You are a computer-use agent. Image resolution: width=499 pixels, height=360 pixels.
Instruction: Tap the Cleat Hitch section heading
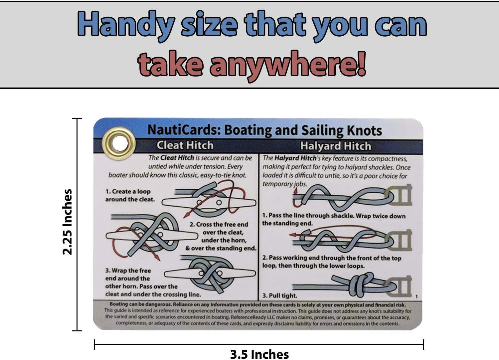[185, 145]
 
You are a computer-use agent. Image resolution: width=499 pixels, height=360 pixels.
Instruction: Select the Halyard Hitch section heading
[335, 146]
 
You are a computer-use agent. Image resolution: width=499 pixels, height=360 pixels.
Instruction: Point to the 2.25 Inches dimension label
[68, 222]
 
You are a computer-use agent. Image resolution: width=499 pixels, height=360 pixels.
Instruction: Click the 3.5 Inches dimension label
[259, 354]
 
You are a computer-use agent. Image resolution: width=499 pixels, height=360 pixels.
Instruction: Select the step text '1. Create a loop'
[128, 192]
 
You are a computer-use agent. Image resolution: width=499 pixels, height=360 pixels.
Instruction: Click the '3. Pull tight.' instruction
[280, 295]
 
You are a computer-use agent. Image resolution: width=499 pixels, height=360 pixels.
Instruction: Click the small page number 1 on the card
[416, 296]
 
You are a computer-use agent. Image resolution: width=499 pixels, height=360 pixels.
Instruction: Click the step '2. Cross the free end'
[219, 225]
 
